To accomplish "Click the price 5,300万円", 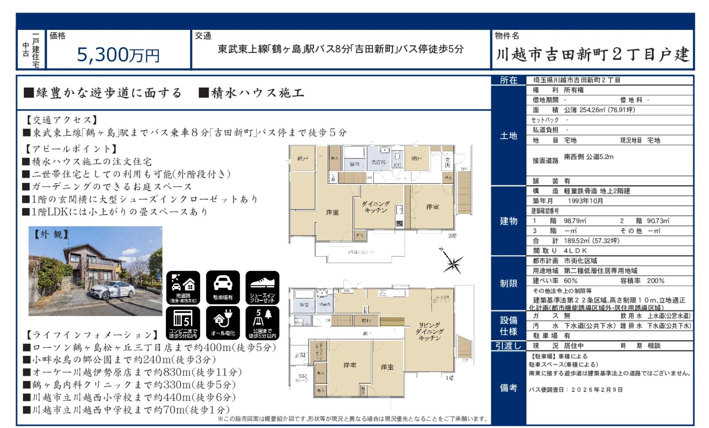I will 118,55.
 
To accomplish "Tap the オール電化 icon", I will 223,322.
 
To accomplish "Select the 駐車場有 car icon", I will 223,287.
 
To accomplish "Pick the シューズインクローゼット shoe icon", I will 262,287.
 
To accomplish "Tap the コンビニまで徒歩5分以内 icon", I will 183,322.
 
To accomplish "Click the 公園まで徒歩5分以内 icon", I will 262,322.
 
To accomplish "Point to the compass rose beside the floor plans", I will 452,263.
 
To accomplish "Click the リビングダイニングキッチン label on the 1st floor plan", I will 429,331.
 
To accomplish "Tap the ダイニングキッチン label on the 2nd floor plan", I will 376,207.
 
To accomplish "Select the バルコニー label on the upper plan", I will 360,252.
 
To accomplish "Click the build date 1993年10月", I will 585,201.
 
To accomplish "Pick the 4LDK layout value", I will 575,251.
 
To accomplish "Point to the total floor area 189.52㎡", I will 577,241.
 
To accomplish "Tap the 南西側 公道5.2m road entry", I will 589,157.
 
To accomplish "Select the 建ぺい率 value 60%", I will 570,281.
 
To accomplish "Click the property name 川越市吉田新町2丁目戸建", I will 592,55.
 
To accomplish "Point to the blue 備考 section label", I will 509,388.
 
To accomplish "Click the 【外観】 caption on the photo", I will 51,235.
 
